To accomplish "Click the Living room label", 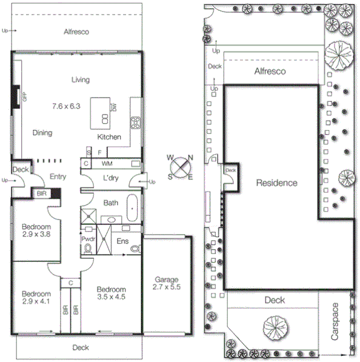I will (x=81, y=79).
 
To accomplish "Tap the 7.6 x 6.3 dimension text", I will (x=65, y=107).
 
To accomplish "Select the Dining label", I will (x=42, y=133).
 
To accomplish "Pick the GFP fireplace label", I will (x=25, y=96).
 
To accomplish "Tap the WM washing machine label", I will (x=107, y=164).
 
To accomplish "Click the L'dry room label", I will (x=110, y=179).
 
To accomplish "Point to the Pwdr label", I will (x=88, y=239).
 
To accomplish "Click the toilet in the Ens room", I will (x=135, y=247).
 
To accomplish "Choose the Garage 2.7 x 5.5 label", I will (x=167, y=283).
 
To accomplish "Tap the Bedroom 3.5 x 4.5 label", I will (x=111, y=293).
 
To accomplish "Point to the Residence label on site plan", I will (x=276, y=183).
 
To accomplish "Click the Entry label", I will (x=58, y=178).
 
